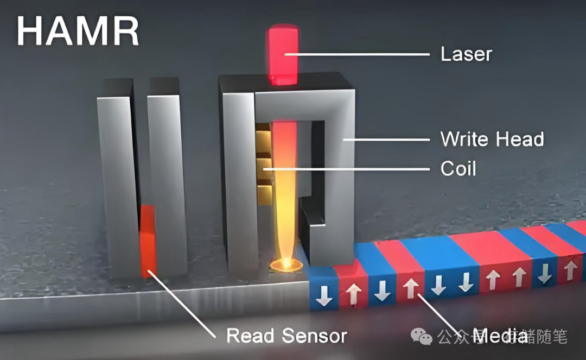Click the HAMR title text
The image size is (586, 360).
pyautogui.click(x=77, y=32)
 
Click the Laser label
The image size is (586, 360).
pyautogui.click(x=466, y=54)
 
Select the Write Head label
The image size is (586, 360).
pyautogui.click(x=492, y=140)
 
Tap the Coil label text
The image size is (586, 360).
pyautogui.click(x=458, y=169)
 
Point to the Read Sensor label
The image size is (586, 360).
pyautogui.click(x=286, y=335)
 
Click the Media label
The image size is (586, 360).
pyautogui.click(x=500, y=336)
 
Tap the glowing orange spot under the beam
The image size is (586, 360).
pyautogui.click(x=285, y=265)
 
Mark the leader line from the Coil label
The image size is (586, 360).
pyautogui.click(x=353, y=169)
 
